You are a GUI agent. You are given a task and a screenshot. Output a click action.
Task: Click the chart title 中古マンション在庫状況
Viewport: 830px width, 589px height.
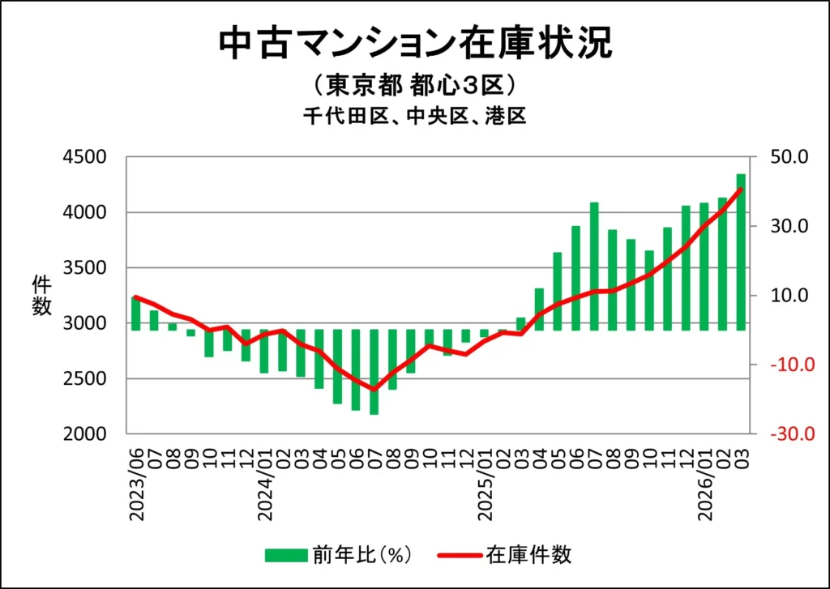click(x=415, y=44)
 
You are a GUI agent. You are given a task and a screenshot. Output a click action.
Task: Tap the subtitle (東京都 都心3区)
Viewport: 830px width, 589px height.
click(x=415, y=85)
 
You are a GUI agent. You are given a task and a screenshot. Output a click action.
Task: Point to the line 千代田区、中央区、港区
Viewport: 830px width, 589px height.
click(x=415, y=117)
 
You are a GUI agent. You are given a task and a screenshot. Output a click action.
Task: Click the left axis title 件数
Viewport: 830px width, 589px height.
click(x=41, y=295)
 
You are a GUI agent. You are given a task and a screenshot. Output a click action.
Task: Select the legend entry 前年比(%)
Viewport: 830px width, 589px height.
click(x=340, y=555)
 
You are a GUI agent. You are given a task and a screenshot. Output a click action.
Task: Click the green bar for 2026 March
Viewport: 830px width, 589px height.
click(x=741, y=252)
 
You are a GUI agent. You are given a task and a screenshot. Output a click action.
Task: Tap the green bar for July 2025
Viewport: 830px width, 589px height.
click(x=594, y=267)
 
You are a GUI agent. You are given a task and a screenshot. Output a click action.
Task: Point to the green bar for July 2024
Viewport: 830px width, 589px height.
click(x=374, y=372)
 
